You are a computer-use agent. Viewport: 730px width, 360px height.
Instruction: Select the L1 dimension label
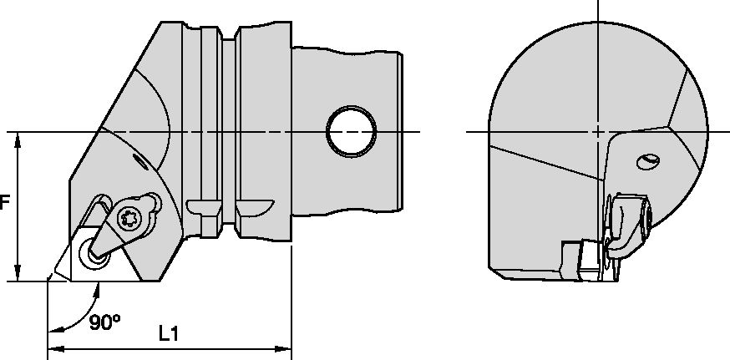point(170,332)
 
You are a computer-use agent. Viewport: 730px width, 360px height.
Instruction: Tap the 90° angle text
point(105,322)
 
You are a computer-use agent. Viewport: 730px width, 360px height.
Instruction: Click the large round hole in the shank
point(351,131)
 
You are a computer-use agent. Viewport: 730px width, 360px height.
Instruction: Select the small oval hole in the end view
point(648,160)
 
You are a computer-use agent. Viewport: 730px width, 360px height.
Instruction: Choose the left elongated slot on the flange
point(202,205)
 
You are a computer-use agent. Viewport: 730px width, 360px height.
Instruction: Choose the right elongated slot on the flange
point(255,205)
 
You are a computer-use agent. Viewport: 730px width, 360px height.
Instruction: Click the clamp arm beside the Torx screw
point(112,235)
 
